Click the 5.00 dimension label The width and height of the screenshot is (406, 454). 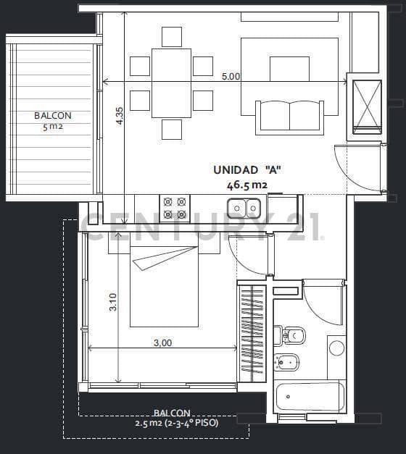231,77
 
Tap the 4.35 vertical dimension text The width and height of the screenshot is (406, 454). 120,116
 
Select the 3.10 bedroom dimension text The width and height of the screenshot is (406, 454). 113,302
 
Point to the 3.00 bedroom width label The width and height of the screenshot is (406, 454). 162,342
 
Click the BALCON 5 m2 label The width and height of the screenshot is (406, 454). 53,121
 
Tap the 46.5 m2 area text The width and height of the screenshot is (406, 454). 246,185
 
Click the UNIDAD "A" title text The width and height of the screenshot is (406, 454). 247,170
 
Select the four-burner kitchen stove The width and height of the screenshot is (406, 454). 175,209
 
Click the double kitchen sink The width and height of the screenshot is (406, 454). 244,208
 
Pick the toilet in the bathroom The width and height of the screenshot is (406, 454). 289,335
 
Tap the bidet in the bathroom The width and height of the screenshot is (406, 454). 286,362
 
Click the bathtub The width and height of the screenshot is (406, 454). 310,396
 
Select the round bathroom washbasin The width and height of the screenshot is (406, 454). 336,348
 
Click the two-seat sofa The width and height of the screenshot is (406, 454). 290,117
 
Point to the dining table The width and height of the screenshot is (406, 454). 171,83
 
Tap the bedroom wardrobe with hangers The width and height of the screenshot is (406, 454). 252,333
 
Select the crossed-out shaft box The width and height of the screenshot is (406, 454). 367,107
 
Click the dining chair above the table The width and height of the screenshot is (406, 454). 172,37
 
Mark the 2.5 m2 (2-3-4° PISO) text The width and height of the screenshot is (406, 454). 177,423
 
